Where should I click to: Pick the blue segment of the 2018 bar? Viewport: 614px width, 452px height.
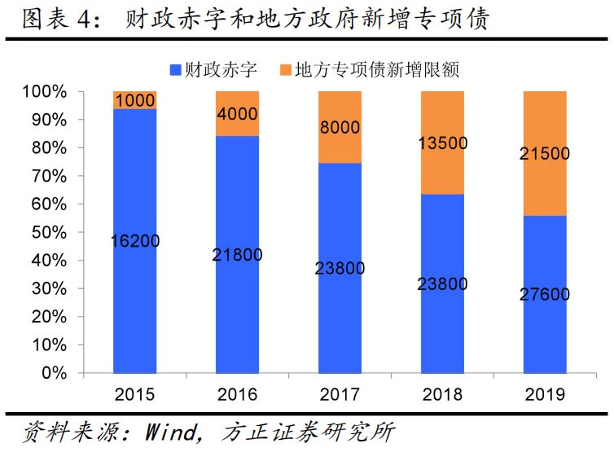(442, 326)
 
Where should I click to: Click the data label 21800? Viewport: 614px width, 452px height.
(237, 255)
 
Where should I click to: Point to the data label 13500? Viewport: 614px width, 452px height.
(442, 143)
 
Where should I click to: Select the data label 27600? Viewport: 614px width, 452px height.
(545, 294)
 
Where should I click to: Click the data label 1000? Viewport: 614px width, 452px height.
(135, 101)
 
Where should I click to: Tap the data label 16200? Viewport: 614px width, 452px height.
(135, 240)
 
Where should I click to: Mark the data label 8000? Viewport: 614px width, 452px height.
(340, 127)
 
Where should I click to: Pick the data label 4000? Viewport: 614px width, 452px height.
(237, 114)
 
